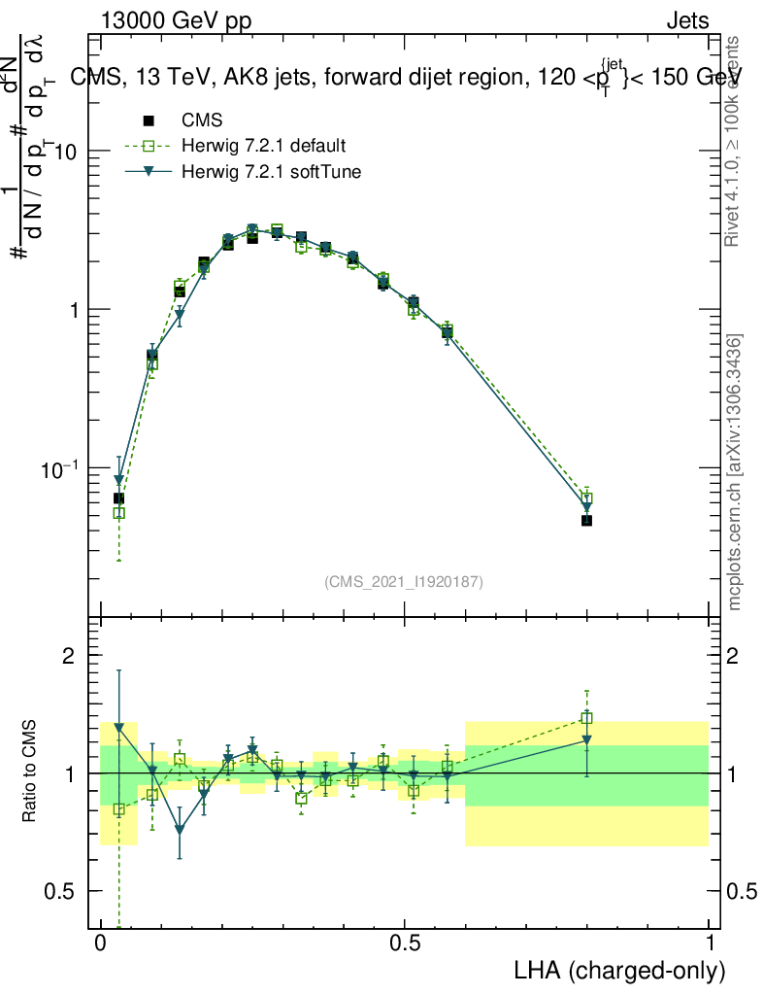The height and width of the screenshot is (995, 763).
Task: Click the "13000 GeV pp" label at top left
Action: tap(175, 21)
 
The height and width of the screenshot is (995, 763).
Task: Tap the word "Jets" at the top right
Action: tap(687, 21)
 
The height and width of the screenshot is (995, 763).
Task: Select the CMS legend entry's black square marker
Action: tap(149, 120)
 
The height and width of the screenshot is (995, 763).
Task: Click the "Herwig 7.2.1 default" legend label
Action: tap(264, 146)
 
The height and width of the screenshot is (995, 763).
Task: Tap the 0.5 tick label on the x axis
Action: tap(405, 944)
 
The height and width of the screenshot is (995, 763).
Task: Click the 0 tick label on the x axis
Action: tap(101, 944)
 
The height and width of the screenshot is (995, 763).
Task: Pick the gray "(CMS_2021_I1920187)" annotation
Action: tap(404, 582)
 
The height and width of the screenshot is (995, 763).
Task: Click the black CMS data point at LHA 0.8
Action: tap(586, 521)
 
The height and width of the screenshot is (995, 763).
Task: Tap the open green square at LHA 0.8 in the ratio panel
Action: tap(586, 719)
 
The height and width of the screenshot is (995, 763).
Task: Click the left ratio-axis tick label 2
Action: tap(69, 656)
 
